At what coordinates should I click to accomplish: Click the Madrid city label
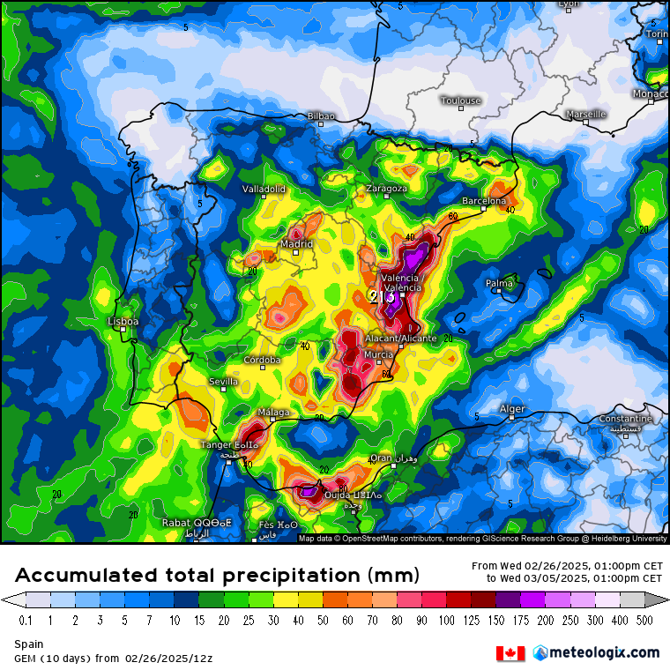[296, 244]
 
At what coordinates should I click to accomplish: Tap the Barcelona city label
[484, 201]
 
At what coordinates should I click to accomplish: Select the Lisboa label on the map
[123, 322]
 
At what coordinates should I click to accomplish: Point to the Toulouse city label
[460, 100]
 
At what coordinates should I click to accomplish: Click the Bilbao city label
[321, 115]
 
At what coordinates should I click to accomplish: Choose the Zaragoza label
[386, 188]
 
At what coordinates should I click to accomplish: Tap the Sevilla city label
[223, 381]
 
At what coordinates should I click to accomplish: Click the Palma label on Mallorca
[499, 283]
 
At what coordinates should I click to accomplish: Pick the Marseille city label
[586, 114]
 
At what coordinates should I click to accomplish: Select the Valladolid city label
[264, 189]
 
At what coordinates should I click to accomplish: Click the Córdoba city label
[263, 360]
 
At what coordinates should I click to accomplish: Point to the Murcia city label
[378, 354]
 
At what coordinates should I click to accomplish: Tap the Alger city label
[512, 409]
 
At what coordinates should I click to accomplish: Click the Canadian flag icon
[510, 653]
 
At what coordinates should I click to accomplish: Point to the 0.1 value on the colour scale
[26, 621]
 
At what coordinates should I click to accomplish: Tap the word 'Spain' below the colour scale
[28, 644]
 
